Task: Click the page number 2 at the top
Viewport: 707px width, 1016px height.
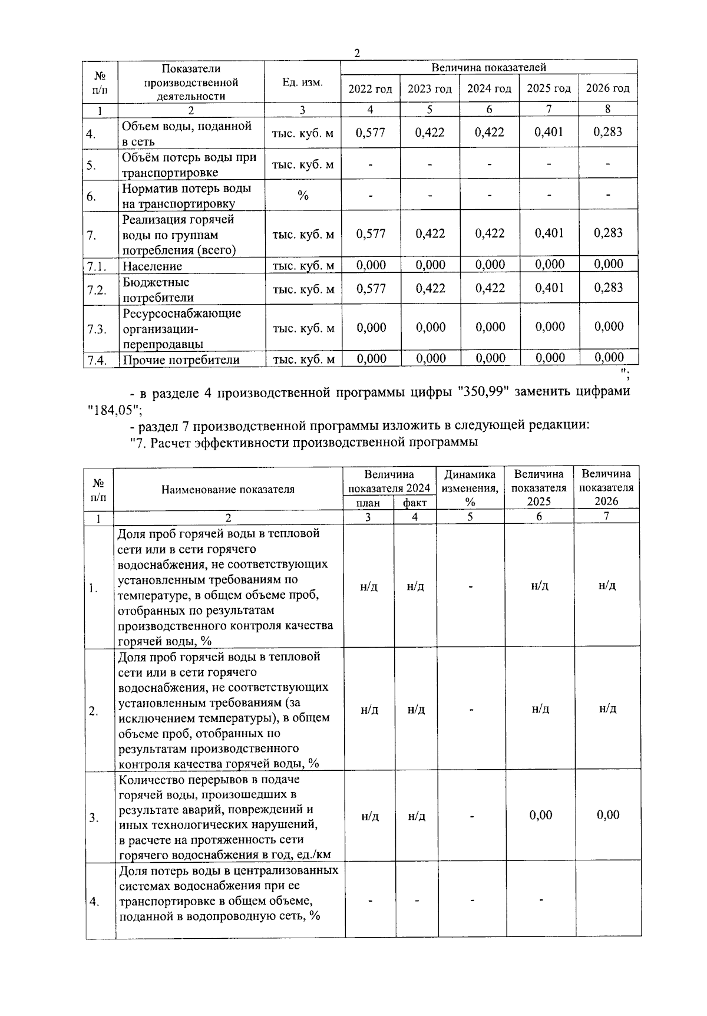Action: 356,53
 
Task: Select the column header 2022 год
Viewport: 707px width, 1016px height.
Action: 370,89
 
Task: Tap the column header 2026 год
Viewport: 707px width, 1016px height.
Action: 607,88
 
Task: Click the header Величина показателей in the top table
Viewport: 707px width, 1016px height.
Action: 488,68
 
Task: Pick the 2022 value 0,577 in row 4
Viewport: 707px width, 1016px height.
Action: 371,133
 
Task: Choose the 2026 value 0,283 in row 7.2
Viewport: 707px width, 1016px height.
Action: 608,288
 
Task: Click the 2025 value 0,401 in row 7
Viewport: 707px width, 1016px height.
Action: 549,233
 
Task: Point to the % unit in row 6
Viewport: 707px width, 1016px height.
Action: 303,196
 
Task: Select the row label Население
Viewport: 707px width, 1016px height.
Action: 152,266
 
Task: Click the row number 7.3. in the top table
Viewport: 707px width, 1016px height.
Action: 97,329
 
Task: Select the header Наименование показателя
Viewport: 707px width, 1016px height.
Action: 227,489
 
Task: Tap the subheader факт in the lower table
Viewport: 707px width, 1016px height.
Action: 415,503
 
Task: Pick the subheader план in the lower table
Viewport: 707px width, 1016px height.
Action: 369,503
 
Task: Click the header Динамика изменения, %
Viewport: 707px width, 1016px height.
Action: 470,488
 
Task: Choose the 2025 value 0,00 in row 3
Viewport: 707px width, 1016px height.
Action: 540,816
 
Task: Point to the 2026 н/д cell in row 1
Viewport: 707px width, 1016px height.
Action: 607,586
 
